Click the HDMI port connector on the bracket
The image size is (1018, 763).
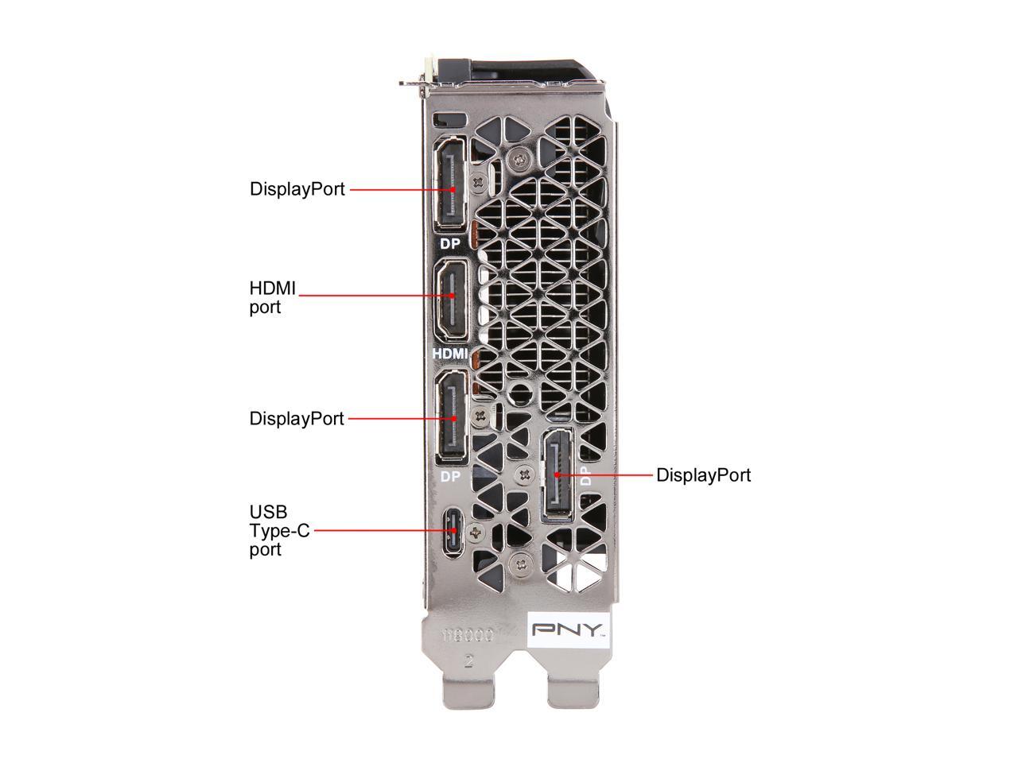452,298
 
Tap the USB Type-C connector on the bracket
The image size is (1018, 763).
453,531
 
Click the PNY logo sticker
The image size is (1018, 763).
569,629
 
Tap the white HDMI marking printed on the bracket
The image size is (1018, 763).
450,353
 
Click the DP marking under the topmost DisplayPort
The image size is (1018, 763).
450,244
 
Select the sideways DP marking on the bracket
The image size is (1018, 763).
585,475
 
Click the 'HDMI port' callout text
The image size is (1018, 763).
272,297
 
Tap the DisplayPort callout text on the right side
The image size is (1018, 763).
703,475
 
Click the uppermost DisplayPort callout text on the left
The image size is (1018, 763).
297,189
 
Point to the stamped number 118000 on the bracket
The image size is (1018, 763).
469,636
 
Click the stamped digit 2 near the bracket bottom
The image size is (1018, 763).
469,662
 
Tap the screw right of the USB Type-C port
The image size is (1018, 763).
477,532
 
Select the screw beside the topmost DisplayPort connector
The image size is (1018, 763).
478,182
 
